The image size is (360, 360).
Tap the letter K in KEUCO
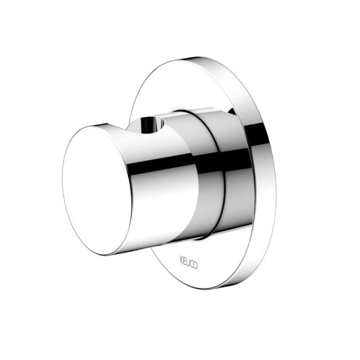pos(181,261)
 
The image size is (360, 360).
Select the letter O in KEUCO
pos(196,265)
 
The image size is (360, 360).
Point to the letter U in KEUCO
pos(188,263)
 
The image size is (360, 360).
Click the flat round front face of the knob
pos(97,191)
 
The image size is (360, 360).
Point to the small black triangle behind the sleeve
pos(233,111)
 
